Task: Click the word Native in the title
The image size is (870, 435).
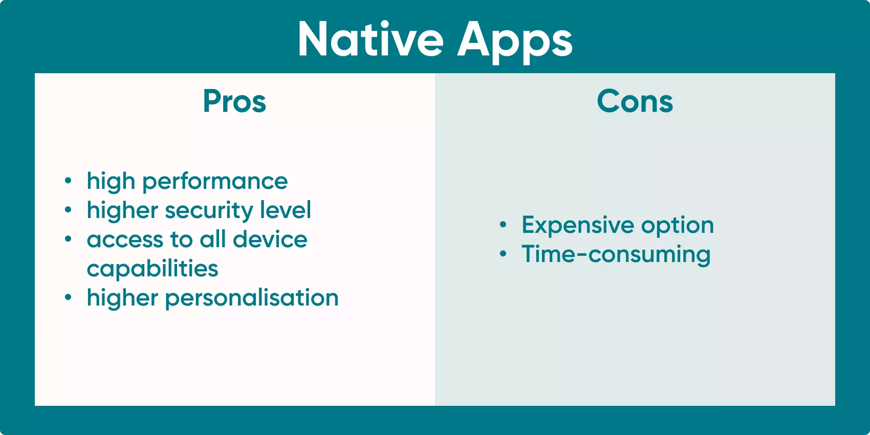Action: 371,40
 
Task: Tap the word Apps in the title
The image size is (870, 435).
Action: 514,41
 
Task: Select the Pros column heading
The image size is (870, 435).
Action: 234,101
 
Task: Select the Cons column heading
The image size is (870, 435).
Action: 635,101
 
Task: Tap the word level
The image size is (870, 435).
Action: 285,210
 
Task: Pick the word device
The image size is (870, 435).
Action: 270,239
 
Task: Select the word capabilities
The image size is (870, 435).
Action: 153,269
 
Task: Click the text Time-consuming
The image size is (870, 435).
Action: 616,254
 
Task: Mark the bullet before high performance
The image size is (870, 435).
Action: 68,181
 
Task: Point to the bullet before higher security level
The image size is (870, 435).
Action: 68,210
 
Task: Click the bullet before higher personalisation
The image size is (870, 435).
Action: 68,297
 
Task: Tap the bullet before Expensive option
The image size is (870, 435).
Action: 503,225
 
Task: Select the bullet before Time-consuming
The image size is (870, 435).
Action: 503,254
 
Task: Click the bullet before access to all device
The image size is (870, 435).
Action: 68,239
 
